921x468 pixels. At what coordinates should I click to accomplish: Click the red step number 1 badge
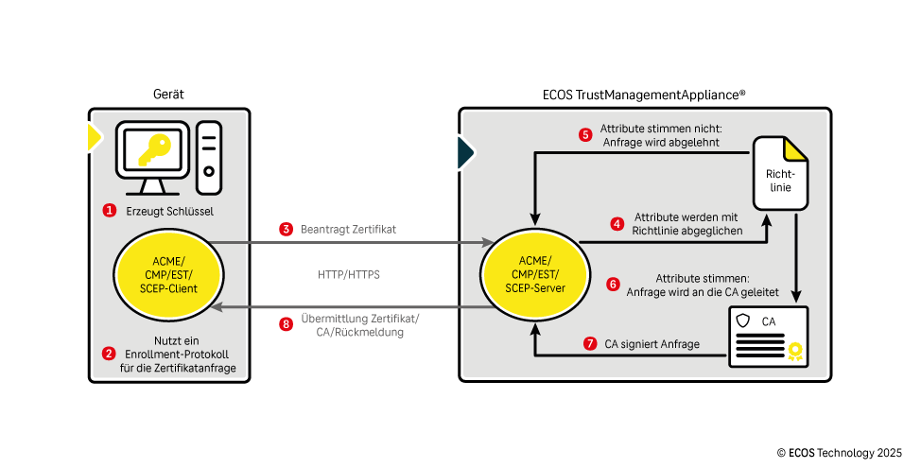point(109,210)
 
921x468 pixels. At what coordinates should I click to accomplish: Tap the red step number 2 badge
point(109,354)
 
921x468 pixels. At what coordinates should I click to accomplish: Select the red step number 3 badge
point(286,229)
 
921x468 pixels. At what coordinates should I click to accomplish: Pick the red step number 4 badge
point(617,224)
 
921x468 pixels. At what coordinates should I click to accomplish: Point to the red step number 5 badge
point(584,134)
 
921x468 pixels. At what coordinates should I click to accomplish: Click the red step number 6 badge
point(613,283)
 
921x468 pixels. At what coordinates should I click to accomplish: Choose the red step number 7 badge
point(591,344)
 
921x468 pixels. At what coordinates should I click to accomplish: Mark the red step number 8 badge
point(287,324)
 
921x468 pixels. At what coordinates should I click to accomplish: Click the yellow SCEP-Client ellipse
point(169,274)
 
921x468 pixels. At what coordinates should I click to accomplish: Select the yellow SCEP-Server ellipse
point(536,274)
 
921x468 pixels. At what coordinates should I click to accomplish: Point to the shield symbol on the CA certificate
point(744,321)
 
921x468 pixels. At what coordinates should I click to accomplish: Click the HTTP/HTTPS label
point(350,276)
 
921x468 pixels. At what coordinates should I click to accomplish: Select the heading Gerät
point(168,95)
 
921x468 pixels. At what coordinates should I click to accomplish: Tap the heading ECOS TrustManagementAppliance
point(644,95)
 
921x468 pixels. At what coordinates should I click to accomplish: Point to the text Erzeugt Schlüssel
point(169,211)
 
